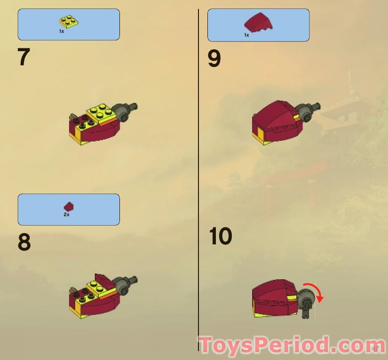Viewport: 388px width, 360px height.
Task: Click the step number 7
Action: pyautogui.click(x=24, y=57)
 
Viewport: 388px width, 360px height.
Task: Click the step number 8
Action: pyautogui.click(x=24, y=243)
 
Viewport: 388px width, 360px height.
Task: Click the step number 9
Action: pyautogui.click(x=214, y=59)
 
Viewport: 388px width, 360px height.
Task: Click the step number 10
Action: pyautogui.click(x=220, y=236)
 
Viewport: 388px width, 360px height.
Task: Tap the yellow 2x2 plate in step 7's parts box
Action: pyautogui.click(x=69, y=21)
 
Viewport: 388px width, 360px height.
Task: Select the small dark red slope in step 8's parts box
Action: pyautogui.click(x=69, y=206)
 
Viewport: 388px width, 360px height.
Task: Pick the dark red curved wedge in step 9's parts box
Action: pyautogui.click(x=258, y=22)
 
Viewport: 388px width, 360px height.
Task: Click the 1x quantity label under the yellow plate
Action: pyautogui.click(x=61, y=31)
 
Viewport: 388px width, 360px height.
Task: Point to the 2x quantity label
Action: pyautogui.click(x=66, y=215)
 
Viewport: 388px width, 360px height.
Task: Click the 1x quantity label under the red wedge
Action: pyautogui.click(x=246, y=35)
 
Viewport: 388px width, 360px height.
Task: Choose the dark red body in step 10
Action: pyautogui.click(x=273, y=297)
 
